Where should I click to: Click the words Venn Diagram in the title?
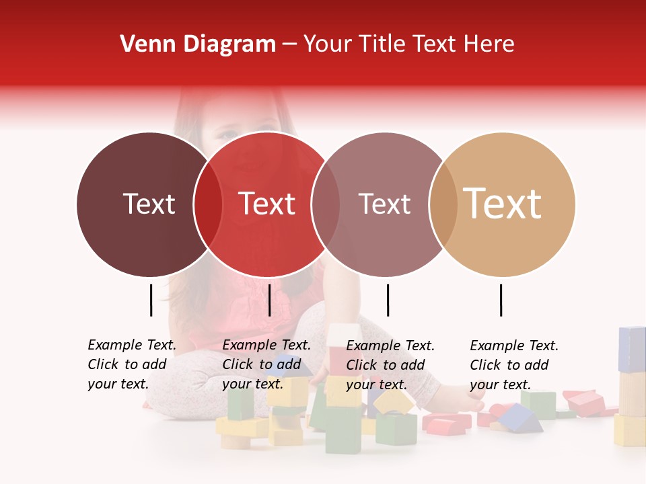pyautogui.click(x=198, y=44)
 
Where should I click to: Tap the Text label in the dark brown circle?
pyautogui.click(x=149, y=204)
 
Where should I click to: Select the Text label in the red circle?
pyautogui.click(x=266, y=204)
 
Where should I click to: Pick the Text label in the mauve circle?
pyautogui.click(x=384, y=204)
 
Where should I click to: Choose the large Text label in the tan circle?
pyautogui.click(x=503, y=204)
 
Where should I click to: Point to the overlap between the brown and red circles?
pyautogui.click(x=208, y=204)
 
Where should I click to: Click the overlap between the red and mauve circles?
pyautogui.click(x=326, y=204)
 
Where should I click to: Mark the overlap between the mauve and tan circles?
pyautogui.click(x=443, y=204)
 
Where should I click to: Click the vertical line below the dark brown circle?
pyautogui.click(x=151, y=300)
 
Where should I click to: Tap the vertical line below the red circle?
pyautogui.click(x=269, y=300)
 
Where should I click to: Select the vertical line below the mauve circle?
pyautogui.click(x=388, y=300)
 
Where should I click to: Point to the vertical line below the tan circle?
pyautogui.click(x=501, y=300)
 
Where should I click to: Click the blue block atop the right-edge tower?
pyautogui.click(x=631, y=349)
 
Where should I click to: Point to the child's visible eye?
pyautogui.click(x=227, y=134)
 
